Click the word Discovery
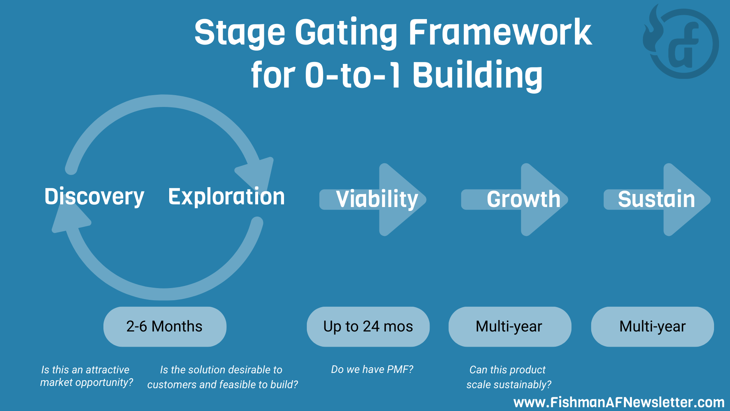click(94, 197)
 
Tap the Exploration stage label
click(227, 197)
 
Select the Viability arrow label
click(377, 199)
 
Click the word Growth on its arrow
click(524, 199)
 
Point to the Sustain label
click(656, 199)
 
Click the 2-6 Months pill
click(165, 327)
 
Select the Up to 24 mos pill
click(368, 327)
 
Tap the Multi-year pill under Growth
click(509, 327)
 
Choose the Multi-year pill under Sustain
click(652, 327)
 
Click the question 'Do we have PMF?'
click(372, 370)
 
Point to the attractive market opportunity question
click(87, 376)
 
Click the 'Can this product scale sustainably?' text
click(508, 377)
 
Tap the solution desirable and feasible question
click(222, 377)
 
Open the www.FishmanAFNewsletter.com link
click(619, 402)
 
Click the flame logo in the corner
click(681, 43)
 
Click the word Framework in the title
click(500, 33)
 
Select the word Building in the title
click(478, 75)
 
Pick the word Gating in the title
click(346, 33)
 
